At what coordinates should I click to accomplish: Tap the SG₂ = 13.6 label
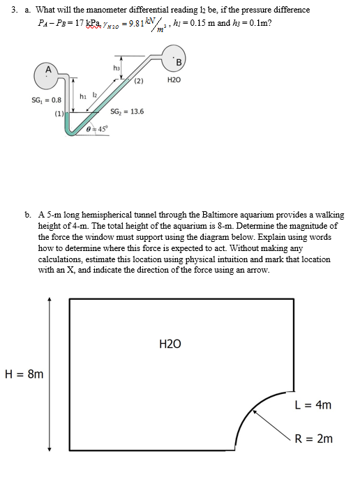(127, 112)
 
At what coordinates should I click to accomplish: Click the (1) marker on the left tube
(59, 113)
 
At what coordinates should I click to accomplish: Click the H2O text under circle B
(174, 81)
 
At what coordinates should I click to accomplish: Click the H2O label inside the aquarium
(170, 344)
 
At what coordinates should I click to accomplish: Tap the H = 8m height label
(24, 374)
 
